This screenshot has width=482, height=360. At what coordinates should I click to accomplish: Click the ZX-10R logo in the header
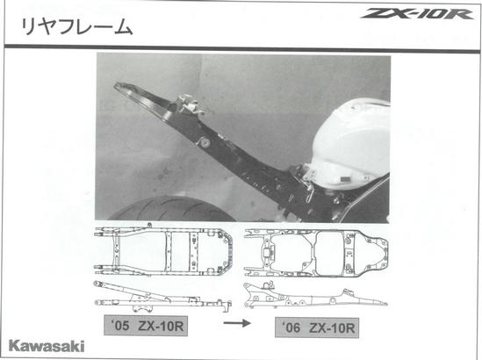[x=417, y=14]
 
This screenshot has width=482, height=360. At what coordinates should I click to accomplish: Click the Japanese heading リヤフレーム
[x=77, y=27]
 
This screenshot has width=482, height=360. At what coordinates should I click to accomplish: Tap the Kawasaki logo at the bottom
[x=47, y=346]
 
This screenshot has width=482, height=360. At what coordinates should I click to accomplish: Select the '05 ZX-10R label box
[x=146, y=326]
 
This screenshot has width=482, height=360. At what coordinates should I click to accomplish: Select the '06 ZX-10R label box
[x=317, y=328]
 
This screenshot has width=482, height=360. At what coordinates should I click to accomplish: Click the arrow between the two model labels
[x=237, y=323]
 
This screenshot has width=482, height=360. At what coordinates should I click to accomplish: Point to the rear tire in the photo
[x=172, y=210]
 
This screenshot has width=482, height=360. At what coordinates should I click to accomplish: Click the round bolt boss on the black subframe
[x=204, y=142]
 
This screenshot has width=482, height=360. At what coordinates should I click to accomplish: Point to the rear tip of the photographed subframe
[x=116, y=85]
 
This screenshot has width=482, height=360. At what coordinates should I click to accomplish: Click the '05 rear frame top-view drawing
[x=163, y=249]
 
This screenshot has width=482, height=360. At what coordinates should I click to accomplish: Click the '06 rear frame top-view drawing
[x=316, y=253]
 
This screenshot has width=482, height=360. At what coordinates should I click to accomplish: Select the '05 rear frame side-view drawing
[x=163, y=296]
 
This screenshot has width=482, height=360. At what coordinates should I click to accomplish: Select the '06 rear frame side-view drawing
[x=316, y=296]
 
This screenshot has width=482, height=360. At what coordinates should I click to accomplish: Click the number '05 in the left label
[x=121, y=326]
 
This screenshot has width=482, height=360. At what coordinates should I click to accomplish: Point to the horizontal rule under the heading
[x=242, y=48]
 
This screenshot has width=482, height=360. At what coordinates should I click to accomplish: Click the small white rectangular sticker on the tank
[x=345, y=178]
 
